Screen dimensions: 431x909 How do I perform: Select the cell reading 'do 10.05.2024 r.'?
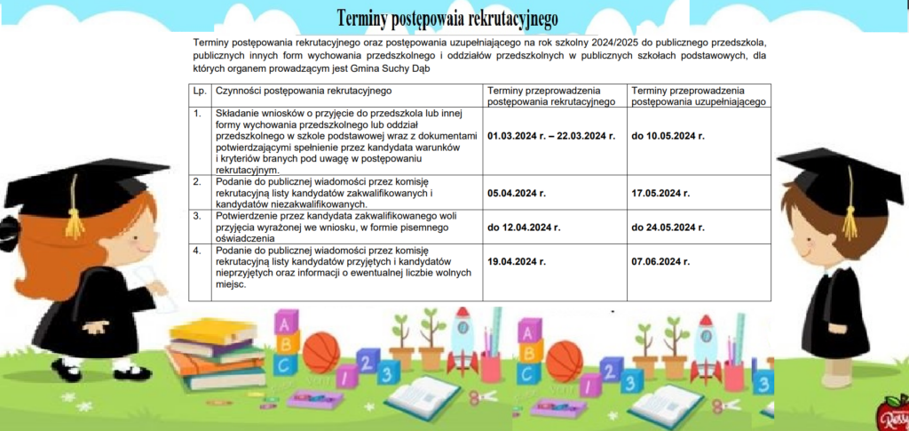(668, 136)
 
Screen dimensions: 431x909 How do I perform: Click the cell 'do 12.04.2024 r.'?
(524, 227)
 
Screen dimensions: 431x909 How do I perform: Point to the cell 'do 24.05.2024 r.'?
(668, 227)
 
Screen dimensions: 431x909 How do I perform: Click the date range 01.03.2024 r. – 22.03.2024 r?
(551, 136)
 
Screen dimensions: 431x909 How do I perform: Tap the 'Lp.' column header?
(199, 91)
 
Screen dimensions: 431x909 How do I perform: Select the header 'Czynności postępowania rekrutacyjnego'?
(304, 91)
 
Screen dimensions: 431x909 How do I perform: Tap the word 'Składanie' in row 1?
(239, 114)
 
